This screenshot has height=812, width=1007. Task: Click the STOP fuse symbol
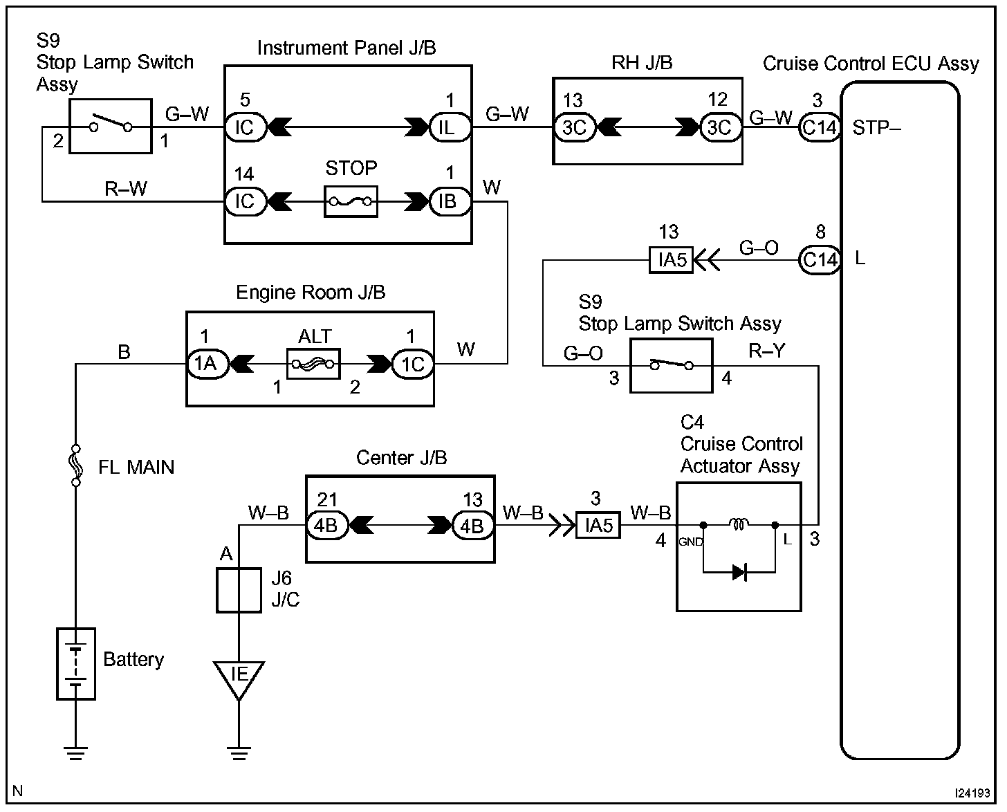[x=351, y=201]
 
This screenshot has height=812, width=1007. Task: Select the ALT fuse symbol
[x=313, y=364]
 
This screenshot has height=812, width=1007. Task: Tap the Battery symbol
[x=75, y=664]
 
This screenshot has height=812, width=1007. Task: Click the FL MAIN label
[x=136, y=468]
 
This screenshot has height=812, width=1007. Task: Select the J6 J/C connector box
[x=239, y=590]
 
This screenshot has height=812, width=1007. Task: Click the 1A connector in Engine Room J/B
[x=206, y=364]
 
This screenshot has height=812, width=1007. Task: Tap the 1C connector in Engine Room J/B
[x=413, y=364]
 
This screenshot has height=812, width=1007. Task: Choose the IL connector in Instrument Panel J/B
[x=450, y=127]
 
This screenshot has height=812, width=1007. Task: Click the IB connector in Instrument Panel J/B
[x=450, y=201]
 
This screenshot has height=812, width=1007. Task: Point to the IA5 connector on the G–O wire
[x=672, y=260]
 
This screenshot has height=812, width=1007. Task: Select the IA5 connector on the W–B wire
[x=598, y=526]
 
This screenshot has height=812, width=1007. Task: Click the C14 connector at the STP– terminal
[x=820, y=127]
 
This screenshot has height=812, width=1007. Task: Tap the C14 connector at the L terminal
[x=820, y=260]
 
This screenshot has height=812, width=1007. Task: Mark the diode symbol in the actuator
[x=739, y=572]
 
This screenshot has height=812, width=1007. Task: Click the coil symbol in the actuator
[x=739, y=525]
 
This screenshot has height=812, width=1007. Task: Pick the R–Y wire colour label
[x=767, y=352]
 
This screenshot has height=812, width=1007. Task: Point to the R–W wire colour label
[x=126, y=189]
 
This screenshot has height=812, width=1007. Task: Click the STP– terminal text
[x=876, y=128]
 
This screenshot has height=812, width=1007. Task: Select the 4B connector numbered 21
[x=326, y=526]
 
